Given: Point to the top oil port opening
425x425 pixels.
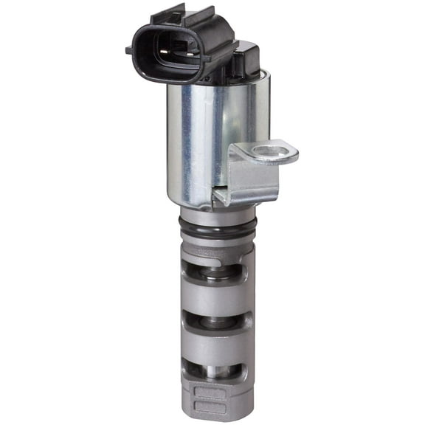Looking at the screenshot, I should tap(215, 270).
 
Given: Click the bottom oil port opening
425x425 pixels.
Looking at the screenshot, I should tap(215, 371).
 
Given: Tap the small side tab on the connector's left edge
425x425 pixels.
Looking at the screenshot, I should tap(130, 50).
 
